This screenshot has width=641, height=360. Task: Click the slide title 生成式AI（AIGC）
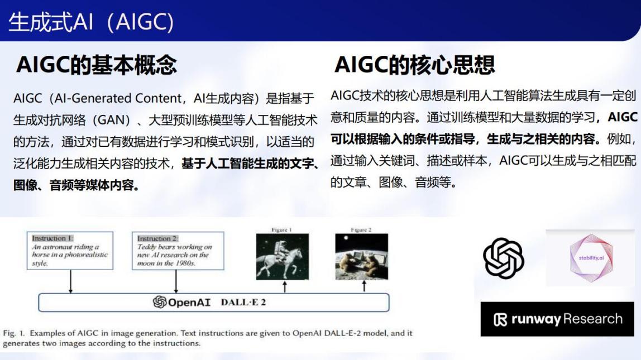(x=91, y=22)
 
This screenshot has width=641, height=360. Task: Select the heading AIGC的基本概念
(x=97, y=65)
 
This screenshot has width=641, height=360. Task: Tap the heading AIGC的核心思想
(x=414, y=65)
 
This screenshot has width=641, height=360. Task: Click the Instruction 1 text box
(x=70, y=251)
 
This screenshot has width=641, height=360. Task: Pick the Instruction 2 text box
(x=178, y=251)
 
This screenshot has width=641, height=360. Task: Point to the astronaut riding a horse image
(x=283, y=257)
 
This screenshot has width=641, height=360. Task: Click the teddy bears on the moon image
(x=361, y=257)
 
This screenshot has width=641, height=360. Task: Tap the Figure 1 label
(x=281, y=229)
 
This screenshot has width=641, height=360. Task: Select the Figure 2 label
(x=361, y=229)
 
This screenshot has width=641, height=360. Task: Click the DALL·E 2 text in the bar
(x=243, y=303)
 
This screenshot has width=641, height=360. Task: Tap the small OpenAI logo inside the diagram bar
(x=160, y=302)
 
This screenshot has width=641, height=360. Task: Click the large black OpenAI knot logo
(x=503, y=258)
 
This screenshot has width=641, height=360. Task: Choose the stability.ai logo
(x=591, y=258)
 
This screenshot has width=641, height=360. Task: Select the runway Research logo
(x=557, y=319)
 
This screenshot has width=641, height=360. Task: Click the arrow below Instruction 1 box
(x=70, y=281)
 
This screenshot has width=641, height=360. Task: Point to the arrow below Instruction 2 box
(x=176, y=281)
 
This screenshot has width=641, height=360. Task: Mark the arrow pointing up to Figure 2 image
(x=364, y=286)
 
